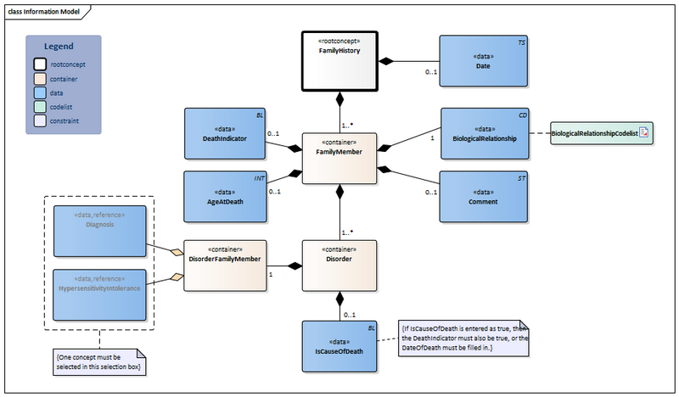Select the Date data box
coord(482,61)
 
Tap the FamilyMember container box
coord(340,158)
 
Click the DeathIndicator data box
coord(225,133)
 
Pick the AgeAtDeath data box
coord(225,197)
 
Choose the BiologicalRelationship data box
coord(482,133)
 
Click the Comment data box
coord(482,197)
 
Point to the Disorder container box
coord(340,266)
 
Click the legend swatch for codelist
coord(40,107)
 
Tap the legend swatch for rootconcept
coord(40,64)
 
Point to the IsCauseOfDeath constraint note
coord(463,339)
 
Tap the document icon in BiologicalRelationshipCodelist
coord(643,134)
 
